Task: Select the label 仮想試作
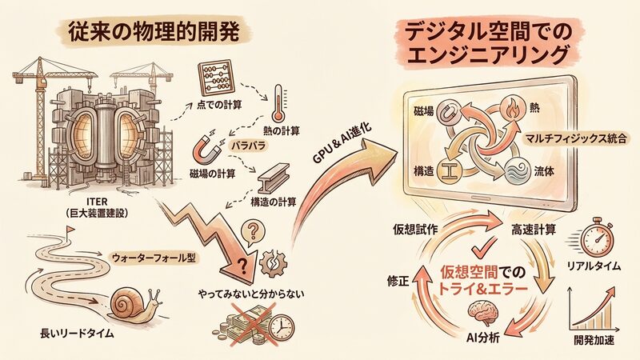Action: click(x=414, y=229)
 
